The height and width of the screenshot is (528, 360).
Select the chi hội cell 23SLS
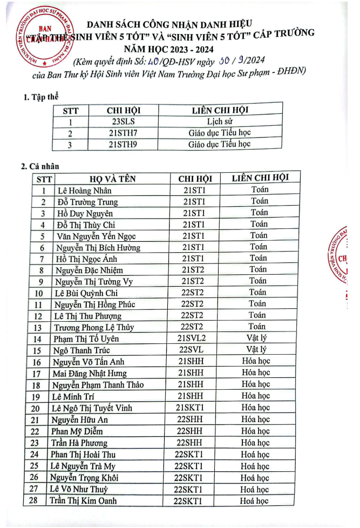click(124, 121)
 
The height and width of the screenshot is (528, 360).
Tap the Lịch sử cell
click(219, 121)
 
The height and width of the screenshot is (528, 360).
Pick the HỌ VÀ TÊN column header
click(113, 179)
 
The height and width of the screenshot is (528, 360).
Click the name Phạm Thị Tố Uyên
click(86, 339)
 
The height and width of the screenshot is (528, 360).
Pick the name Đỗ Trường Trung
click(87, 202)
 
